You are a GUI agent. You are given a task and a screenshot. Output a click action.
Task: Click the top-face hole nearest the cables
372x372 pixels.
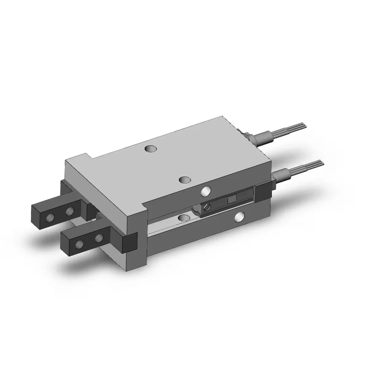click(x=150, y=149)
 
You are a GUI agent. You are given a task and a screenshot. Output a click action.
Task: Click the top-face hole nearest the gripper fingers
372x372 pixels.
click(x=183, y=180)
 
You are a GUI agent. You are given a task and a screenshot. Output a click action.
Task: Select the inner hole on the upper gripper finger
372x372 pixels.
click(x=69, y=212)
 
